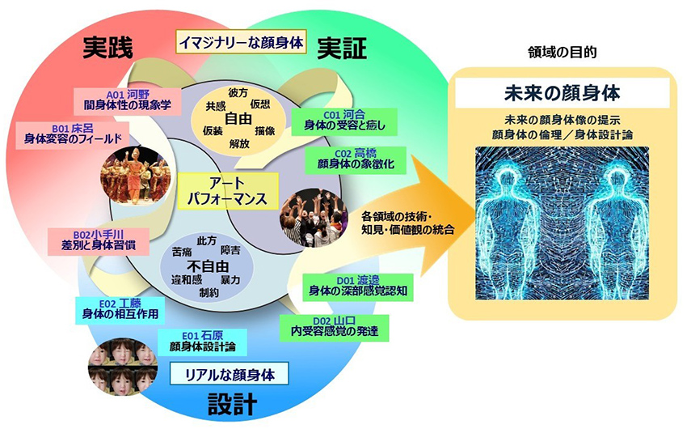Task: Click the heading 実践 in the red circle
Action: (x=107, y=47)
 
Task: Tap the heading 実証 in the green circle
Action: (x=342, y=48)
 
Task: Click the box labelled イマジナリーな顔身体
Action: (x=241, y=42)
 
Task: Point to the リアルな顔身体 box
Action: (x=230, y=374)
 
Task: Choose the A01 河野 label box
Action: (x=128, y=100)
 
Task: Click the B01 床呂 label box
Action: (x=72, y=134)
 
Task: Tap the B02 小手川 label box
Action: (x=99, y=240)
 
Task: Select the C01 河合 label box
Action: (x=344, y=121)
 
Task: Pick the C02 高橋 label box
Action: (x=356, y=159)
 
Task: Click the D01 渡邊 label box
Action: (x=358, y=286)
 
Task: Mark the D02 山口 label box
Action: (x=335, y=327)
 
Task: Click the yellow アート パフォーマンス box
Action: (x=227, y=191)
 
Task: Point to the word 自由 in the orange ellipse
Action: (x=238, y=119)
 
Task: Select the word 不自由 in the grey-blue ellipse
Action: (x=208, y=266)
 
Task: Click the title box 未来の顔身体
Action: (x=563, y=93)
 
